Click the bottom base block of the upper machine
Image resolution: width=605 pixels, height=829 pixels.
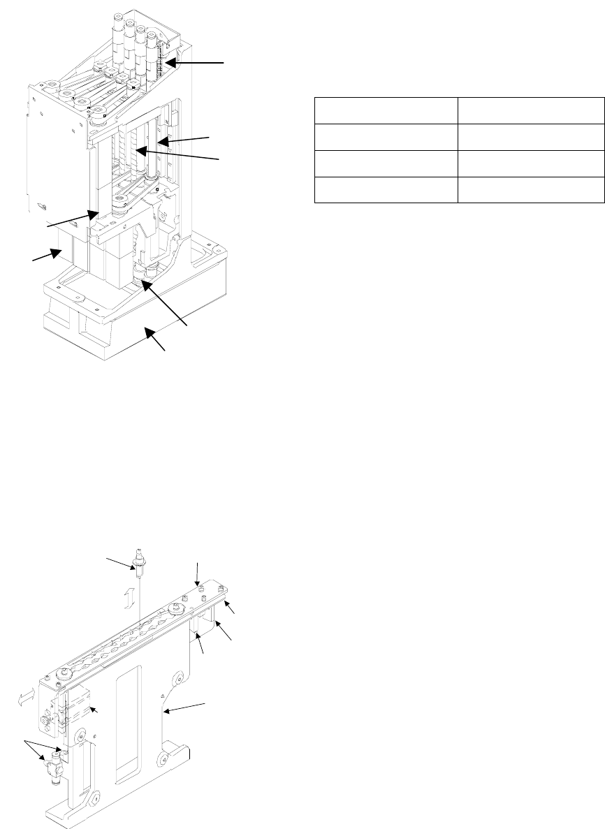pyautogui.click(x=133, y=328)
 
